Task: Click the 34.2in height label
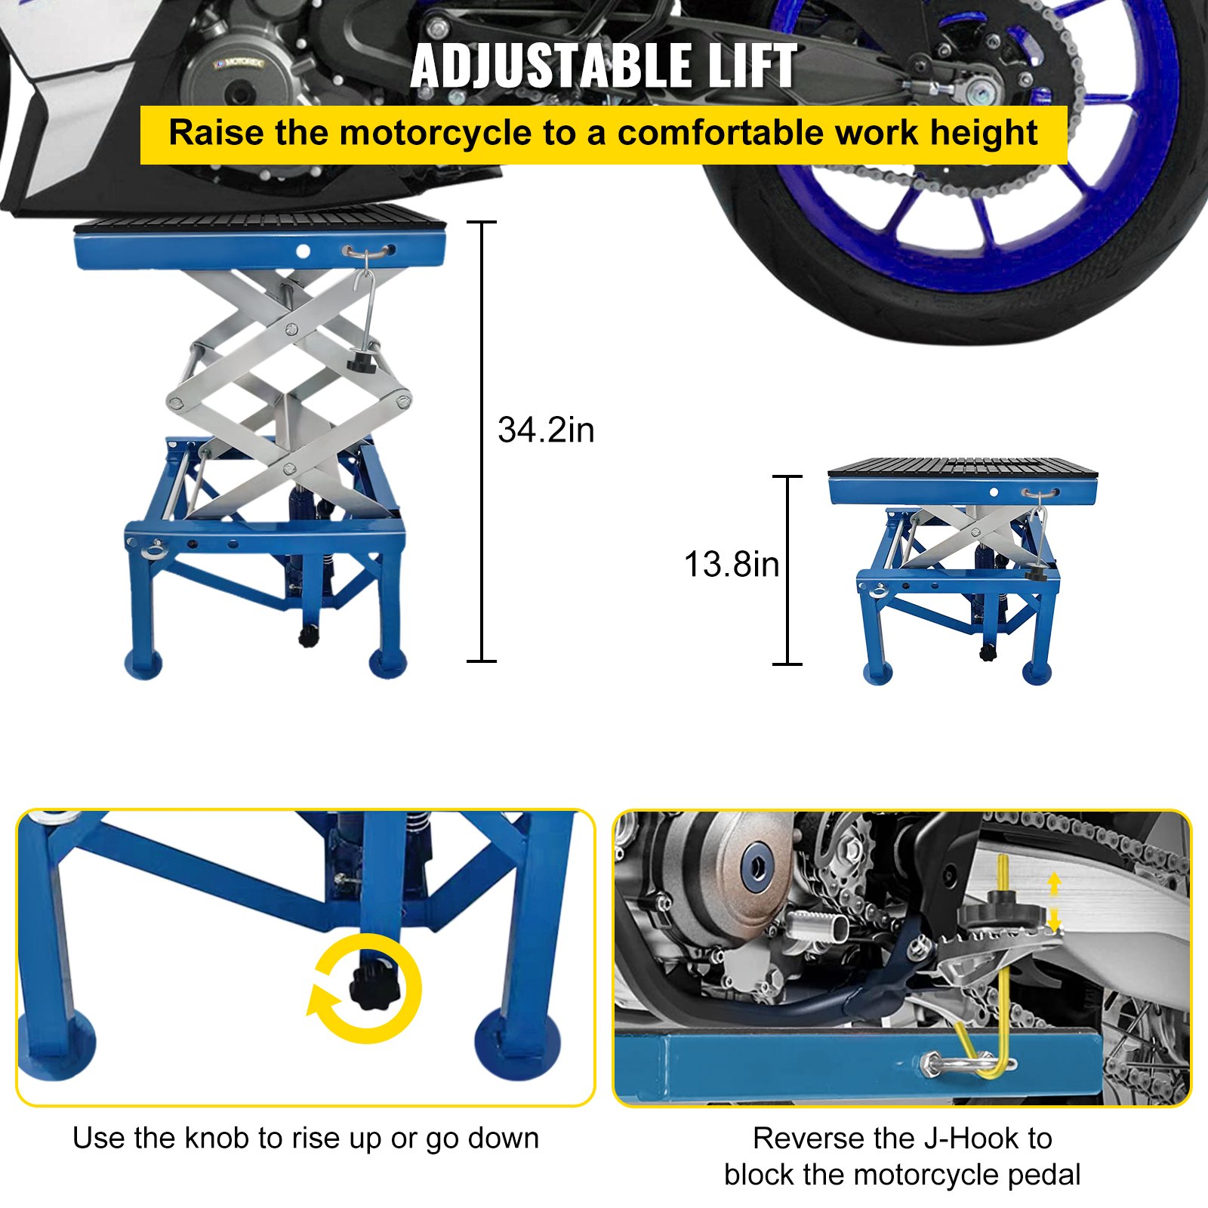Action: (546, 430)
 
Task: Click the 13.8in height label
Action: (731, 565)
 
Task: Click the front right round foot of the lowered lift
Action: (1037, 672)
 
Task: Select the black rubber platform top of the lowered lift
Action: (962, 466)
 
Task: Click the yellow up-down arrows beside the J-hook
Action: (1055, 903)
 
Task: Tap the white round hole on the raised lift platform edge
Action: (303, 251)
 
